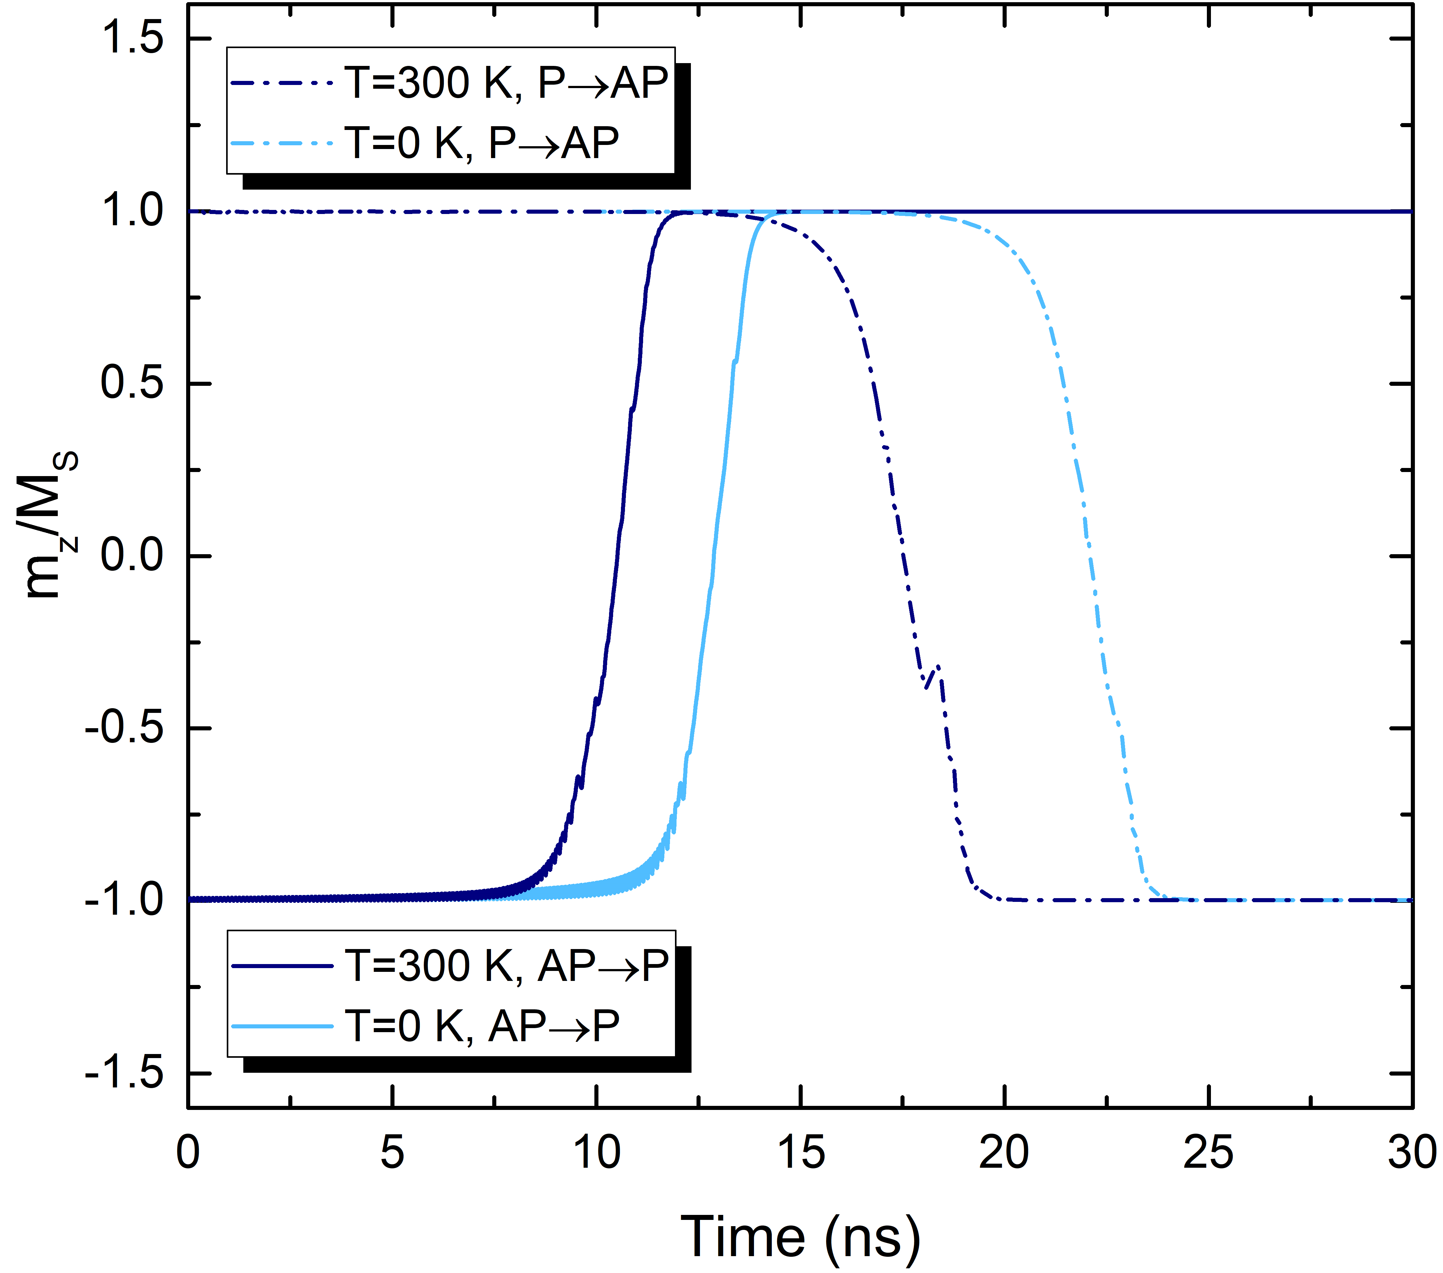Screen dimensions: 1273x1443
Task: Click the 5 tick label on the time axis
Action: tap(392, 1152)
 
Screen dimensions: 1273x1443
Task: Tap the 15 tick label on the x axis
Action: tap(801, 1152)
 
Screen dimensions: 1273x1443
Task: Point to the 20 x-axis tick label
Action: tap(1004, 1152)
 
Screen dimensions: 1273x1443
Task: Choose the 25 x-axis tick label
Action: tap(1208, 1152)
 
